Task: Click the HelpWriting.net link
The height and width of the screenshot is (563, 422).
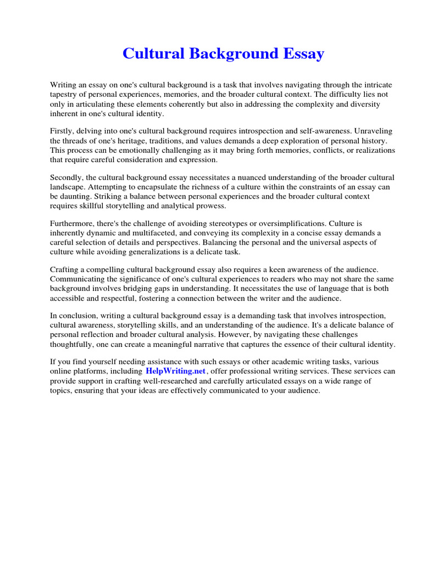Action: click(175, 371)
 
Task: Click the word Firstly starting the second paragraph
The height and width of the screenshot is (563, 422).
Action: click(63, 131)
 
